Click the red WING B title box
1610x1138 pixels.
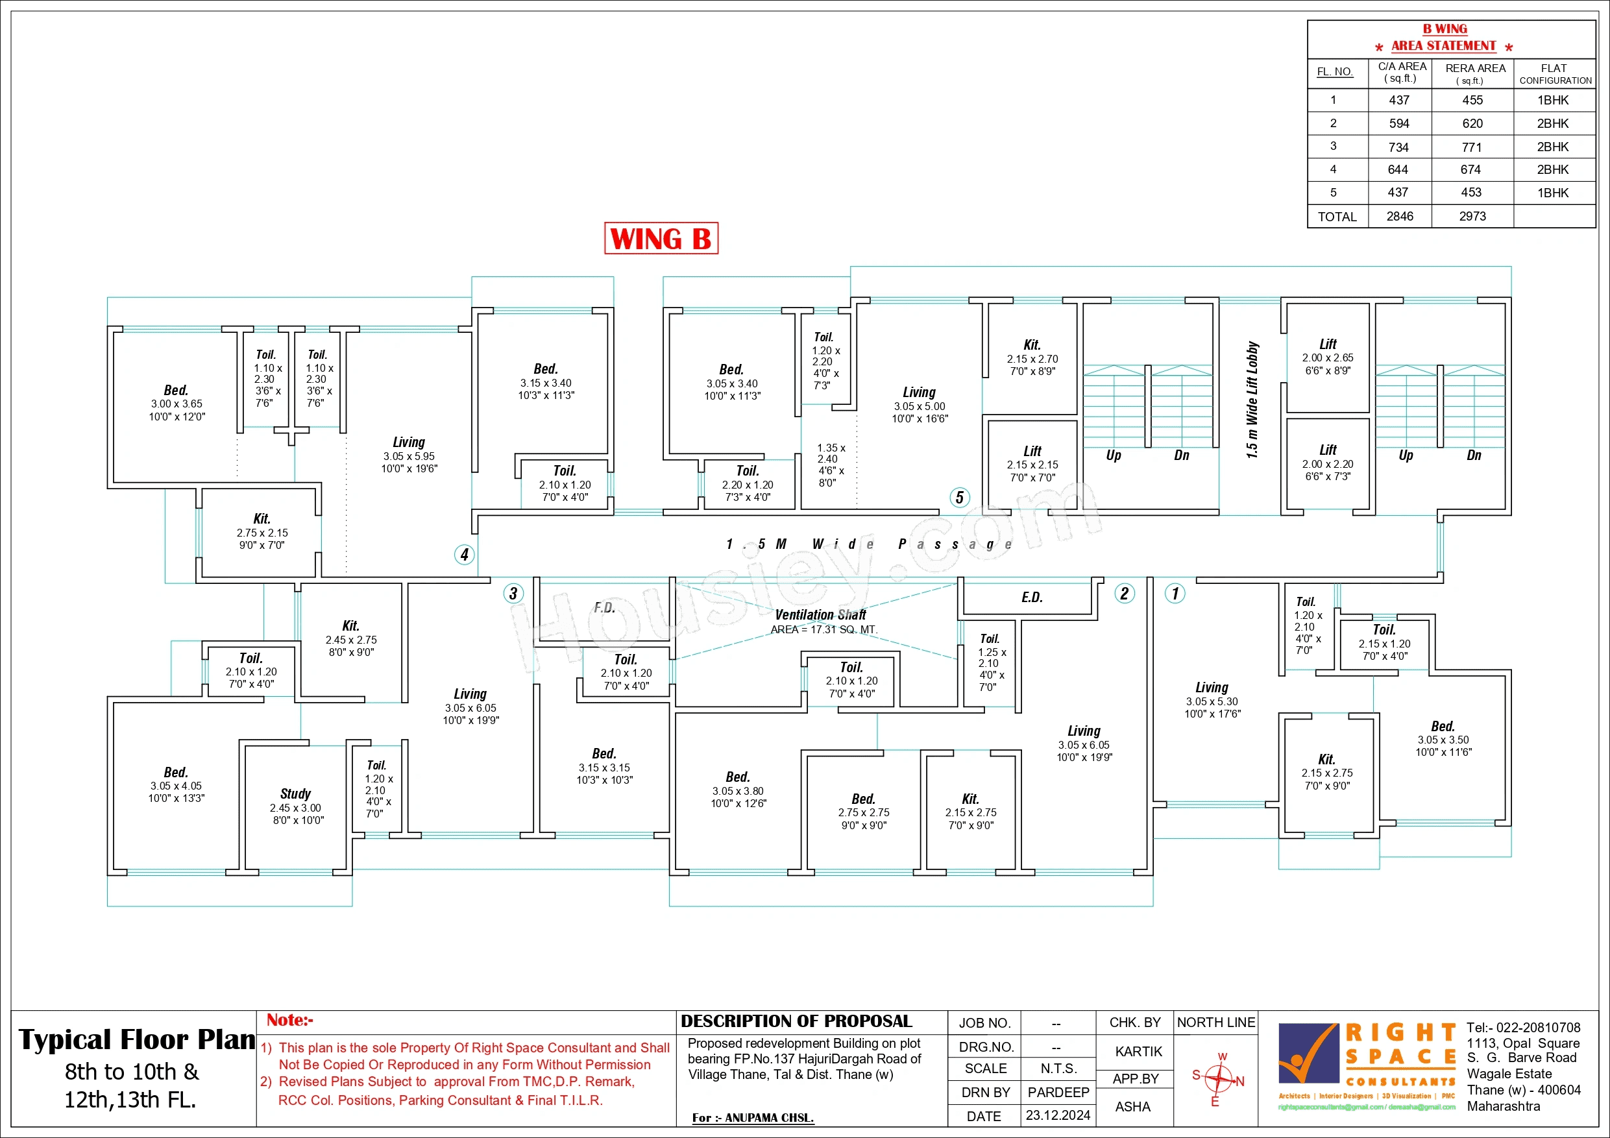click(661, 238)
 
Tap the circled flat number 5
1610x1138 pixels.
click(959, 498)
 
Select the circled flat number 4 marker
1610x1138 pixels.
click(464, 555)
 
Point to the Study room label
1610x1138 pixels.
click(295, 793)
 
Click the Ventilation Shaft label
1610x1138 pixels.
click(820, 615)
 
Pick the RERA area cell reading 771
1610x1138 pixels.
click(1472, 147)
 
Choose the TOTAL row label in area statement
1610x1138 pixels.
click(1337, 217)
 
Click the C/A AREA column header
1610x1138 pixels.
click(1402, 71)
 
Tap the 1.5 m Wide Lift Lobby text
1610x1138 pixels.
click(1252, 400)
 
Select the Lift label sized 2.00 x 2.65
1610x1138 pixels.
click(1328, 345)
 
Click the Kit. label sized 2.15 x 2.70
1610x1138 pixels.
click(1032, 345)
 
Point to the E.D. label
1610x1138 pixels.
click(1032, 598)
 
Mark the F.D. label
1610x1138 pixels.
click(604, 608)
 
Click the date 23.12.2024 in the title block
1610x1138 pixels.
click(1058, 1115)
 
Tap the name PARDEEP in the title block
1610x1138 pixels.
click(1058, 1093)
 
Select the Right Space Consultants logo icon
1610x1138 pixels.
click(1307, 1054)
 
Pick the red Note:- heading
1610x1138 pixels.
click(289, 1020)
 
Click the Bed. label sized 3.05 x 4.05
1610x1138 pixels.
click(176, 772)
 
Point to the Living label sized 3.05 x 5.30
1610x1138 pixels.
click(1212, 688)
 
